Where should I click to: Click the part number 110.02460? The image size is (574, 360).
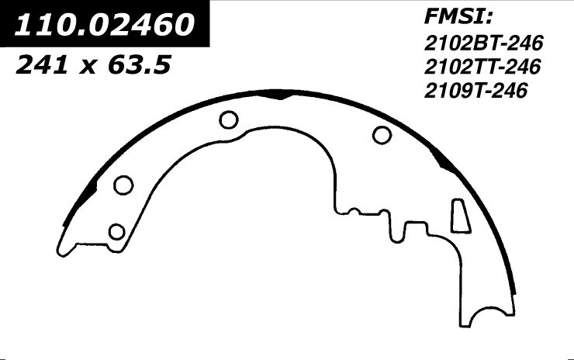pos(104,24)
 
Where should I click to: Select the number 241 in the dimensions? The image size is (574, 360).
pos(41,66)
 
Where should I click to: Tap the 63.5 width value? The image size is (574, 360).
pos(140,66)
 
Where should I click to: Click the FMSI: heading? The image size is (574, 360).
pos(458,17)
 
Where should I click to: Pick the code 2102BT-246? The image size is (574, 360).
pos(483,43)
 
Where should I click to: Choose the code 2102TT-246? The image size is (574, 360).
pos(482,67)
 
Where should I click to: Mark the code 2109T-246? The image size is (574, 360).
pos(475,91)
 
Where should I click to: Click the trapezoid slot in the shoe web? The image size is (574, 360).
pos(461,216)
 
